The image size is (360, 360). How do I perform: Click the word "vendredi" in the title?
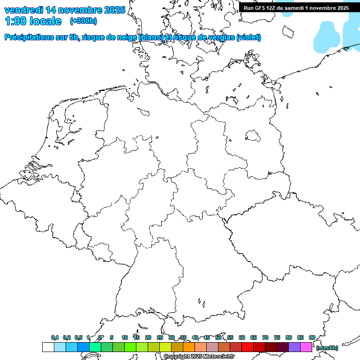24,10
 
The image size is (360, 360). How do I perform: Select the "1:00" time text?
15,21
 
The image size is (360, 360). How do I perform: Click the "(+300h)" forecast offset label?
83,21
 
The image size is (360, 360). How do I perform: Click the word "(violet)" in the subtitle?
249,37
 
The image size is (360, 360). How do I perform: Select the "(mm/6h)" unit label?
327,348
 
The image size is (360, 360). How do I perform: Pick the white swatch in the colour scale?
48,347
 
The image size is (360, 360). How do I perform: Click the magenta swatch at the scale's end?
306,347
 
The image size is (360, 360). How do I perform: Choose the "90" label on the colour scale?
312,337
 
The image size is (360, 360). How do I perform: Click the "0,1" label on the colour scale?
55,337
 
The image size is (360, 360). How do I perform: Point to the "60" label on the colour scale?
242,337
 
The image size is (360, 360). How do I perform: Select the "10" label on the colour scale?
124,337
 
